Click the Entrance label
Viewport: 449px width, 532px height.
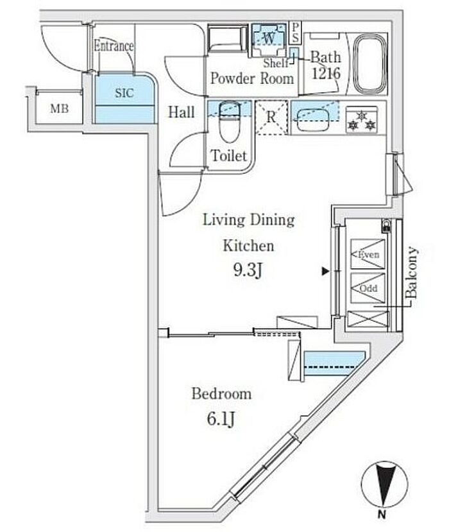114,46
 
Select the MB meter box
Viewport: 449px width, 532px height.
60,108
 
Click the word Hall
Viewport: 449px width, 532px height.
182,112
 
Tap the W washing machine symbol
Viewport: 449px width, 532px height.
269,38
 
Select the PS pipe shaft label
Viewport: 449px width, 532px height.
295,30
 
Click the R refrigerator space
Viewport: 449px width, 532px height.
271,118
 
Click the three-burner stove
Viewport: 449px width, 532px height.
362,119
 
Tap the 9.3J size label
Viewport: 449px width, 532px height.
249,270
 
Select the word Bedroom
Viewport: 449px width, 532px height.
221,393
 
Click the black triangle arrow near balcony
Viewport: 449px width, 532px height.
326,272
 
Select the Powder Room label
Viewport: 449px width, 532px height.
253,79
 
